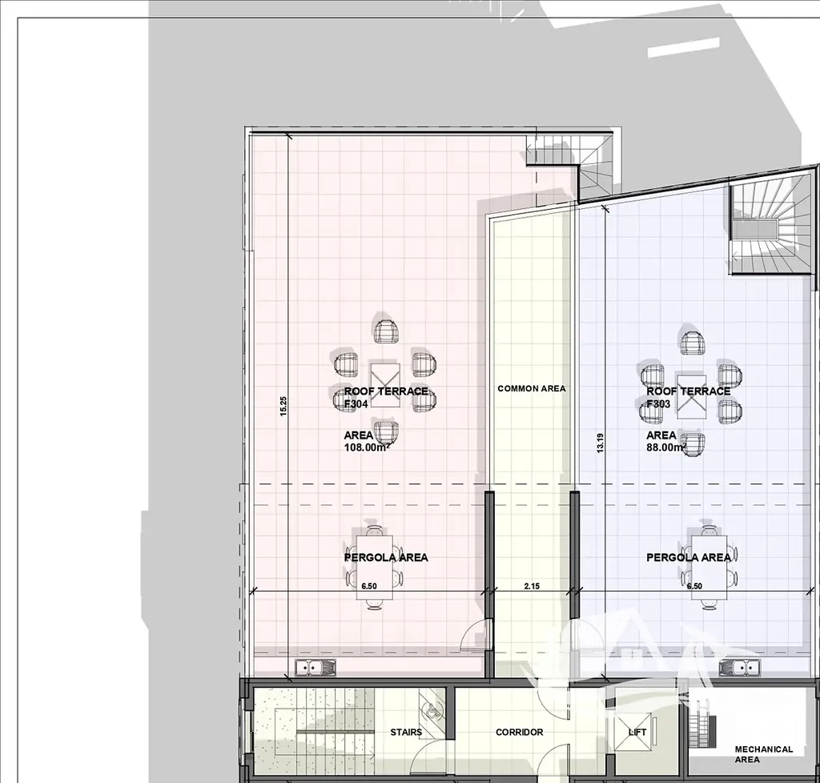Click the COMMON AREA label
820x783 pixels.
[532, 388]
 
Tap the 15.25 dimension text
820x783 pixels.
[283, 406]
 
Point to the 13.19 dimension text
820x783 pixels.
[601, 443]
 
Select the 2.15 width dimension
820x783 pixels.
[532, 586]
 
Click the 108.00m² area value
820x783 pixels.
[367, 447]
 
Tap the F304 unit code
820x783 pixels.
[356, 404]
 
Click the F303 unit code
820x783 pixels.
[658, 404]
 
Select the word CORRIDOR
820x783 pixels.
[519, 732]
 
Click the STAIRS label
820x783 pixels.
[406, 732]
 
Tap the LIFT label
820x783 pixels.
[637, 732]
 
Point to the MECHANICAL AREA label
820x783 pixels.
[763, 753]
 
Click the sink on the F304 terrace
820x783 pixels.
[316, 668]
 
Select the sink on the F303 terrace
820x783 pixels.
[739, 668]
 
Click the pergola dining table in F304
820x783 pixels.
[375, 567]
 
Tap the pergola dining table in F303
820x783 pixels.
[709, 567]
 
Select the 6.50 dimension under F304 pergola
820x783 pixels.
[368, 586]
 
